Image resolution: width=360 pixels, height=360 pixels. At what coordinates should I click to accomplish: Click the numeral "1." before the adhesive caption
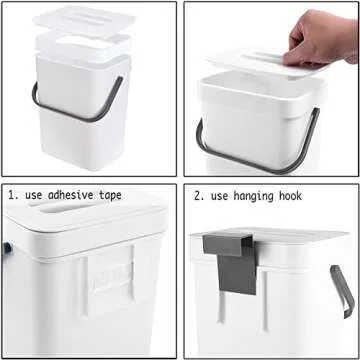pos(12,195)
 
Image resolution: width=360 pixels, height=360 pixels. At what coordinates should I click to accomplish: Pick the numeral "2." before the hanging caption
pos(198,195)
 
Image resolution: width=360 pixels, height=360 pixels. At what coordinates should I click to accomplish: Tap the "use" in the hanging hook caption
pos(221,195)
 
